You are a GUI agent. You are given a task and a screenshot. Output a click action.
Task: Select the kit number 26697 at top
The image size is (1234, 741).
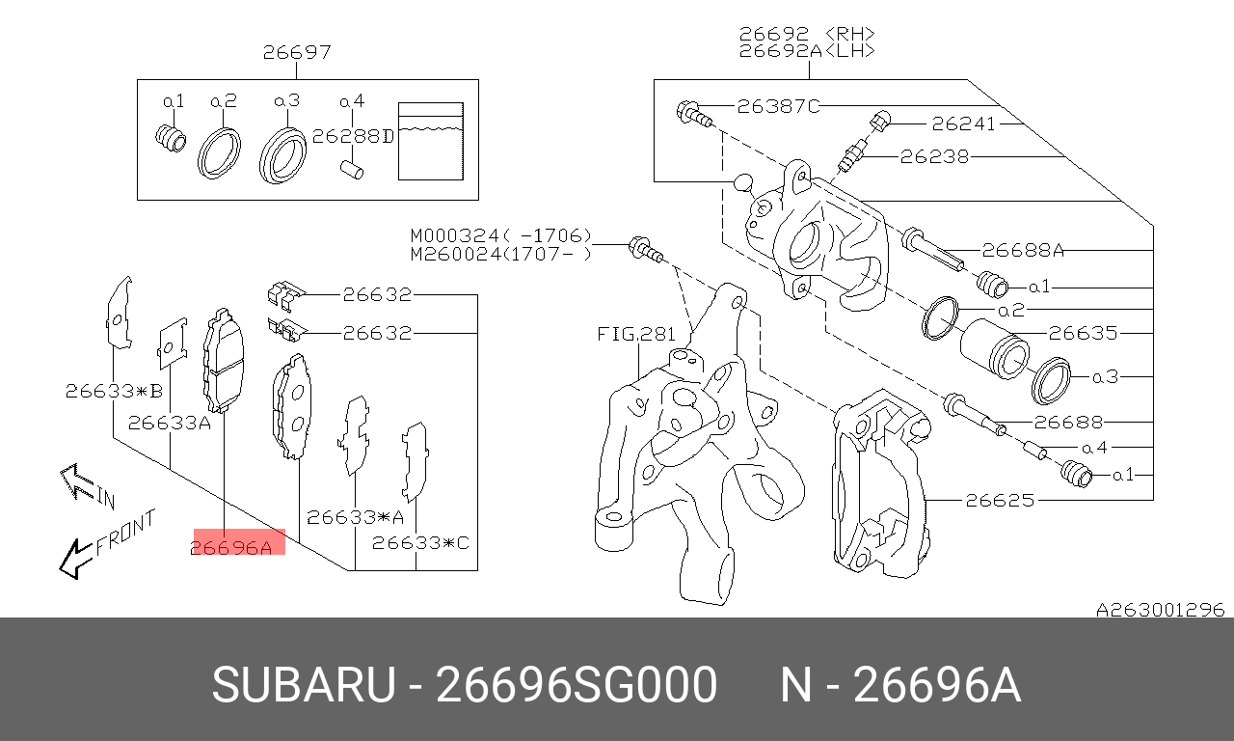pyautogui.click(x=297, y=52)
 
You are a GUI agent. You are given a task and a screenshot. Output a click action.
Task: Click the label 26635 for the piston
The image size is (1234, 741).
pyautogui.click(x=1082, y=334)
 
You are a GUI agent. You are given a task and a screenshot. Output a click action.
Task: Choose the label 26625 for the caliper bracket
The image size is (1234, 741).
pyautogui.click(x=1000, y=500)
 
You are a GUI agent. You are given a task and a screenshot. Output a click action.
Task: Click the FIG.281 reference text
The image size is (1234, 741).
pyautogui.click(x=637, y=335)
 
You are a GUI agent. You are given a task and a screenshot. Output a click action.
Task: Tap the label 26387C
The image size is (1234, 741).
pyautogui.click(x=777, y=106)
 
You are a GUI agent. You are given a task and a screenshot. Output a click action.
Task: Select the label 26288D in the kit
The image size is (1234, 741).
pyautogui.click(x=354, y=137)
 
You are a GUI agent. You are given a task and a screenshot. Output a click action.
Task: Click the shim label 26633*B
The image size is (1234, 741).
pyautogui.click(x=114, y=391)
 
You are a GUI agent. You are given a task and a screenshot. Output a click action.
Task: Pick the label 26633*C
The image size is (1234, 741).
pyautogui.click(x=420, y=543)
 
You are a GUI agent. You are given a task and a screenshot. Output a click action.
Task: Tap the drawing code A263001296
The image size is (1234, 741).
pyautogui.click(x=1160, y=610)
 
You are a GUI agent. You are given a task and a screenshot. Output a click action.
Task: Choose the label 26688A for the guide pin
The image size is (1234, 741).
pyautogui.click(x=1023, y=251)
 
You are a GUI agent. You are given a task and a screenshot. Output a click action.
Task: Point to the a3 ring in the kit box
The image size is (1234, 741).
pyautogui.click(x=282, y=152)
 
